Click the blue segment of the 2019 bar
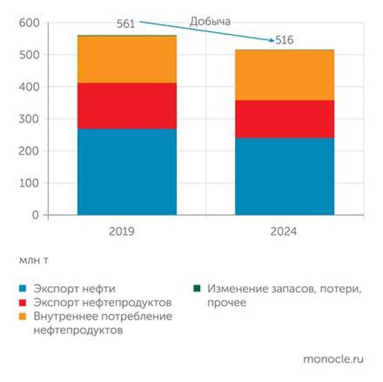point(127,171)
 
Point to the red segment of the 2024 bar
point(284,119)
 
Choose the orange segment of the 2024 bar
point(284,75)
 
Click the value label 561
point(125,24)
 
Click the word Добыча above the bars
point(210,22)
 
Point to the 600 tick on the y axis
point(30,23)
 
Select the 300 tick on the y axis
point(30,119)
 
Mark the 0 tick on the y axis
point(35,215)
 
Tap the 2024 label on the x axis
point(284,232)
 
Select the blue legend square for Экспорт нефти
point(23,289)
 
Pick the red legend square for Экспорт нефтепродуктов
point(23,303)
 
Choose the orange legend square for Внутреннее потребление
point(23,316)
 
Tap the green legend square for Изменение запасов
point(198,289)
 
